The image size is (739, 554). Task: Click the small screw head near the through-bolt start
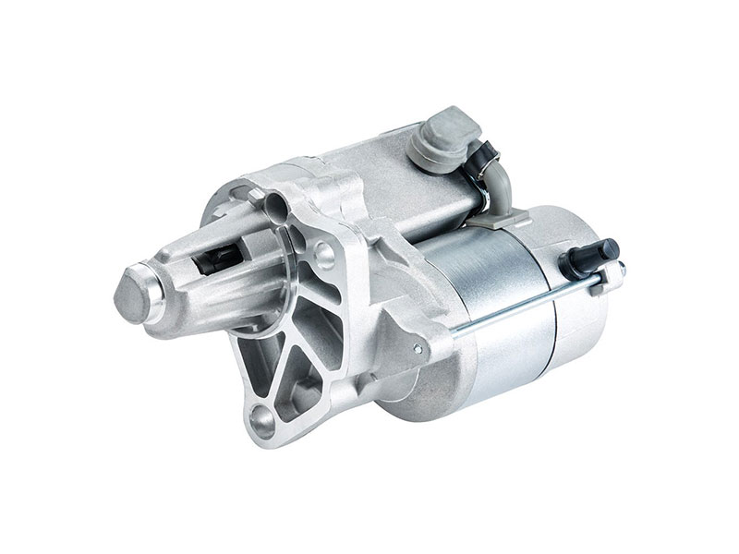(418, 348)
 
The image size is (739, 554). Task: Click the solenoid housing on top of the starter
(388, 175)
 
